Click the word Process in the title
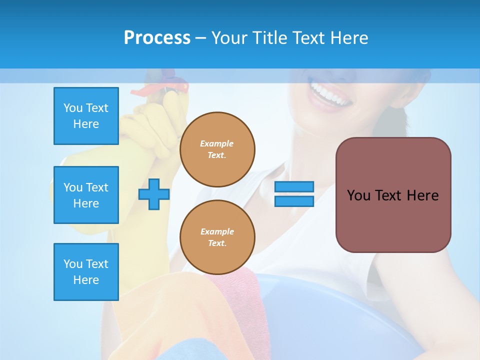pyautogui.click(x=157, y=38)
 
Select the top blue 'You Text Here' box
pyautogui.click(x=86, y=116)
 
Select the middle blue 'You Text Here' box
pyautogui.click(x=86, y=195)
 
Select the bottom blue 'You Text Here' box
pyautogui.click(x=86, y=272)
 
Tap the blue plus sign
pyautogui.click(x=154, y=194)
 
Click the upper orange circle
pyautogui.click(x=217, y=149)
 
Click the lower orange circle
pyautogui.click(x=217, y=237)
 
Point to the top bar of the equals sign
pyautogui.click(x=294, y=186)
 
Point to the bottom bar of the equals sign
pyautogui.click(x=294, y=201)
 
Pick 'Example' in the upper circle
pyautogui.click(x=216, y=143)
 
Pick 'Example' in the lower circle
pyautogui.click(x=217, y=231)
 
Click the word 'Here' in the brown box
pyautogui.click(x=422, y=195)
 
